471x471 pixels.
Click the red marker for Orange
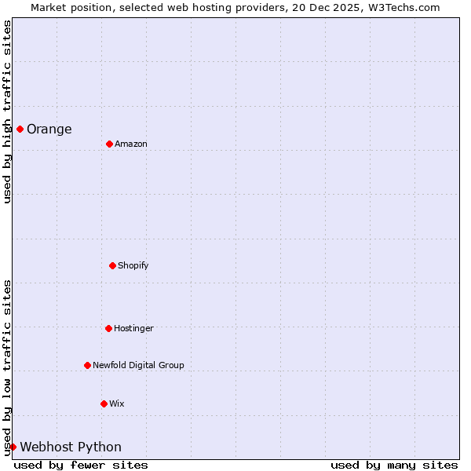point(20,129)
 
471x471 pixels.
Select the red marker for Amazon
point(109,144)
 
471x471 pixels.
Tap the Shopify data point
point(112,265)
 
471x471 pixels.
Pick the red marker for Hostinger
point(108,328)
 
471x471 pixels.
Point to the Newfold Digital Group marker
point(87,365)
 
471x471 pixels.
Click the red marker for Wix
point(104,403)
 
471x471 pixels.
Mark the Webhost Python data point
point(13,447)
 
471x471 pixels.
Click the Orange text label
point(49,130)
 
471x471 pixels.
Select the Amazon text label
point(131,144)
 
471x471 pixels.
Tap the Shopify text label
point(133,265)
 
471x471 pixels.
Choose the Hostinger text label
point(133,328)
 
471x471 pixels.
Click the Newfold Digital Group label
point(138,365)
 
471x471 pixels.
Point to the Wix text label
point(117,403)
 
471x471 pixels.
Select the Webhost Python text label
point(71,447)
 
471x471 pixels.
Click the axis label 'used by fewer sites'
point(81,465)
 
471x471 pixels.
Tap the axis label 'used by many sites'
point(394,465)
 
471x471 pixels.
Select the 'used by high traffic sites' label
point(7,111)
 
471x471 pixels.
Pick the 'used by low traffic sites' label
point(7,367)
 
